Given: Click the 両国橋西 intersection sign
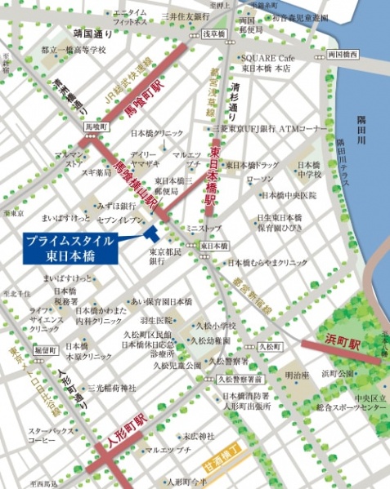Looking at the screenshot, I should coord(343,55).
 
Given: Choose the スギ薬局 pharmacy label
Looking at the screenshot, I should coord(96,173).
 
